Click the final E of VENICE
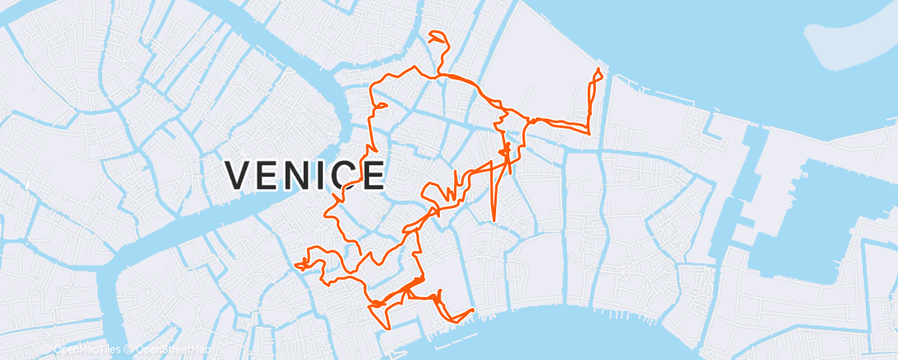[x=372, y=175]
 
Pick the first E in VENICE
[x=271, y=175]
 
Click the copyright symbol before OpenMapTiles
[x=46, y=349]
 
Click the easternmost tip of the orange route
[x=602, y=77]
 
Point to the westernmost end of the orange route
[x=295, y=264]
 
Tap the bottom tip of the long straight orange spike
[x=493, y=220]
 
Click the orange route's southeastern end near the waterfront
[x=473, y=310]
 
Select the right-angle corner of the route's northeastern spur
[x=588, y=132]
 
